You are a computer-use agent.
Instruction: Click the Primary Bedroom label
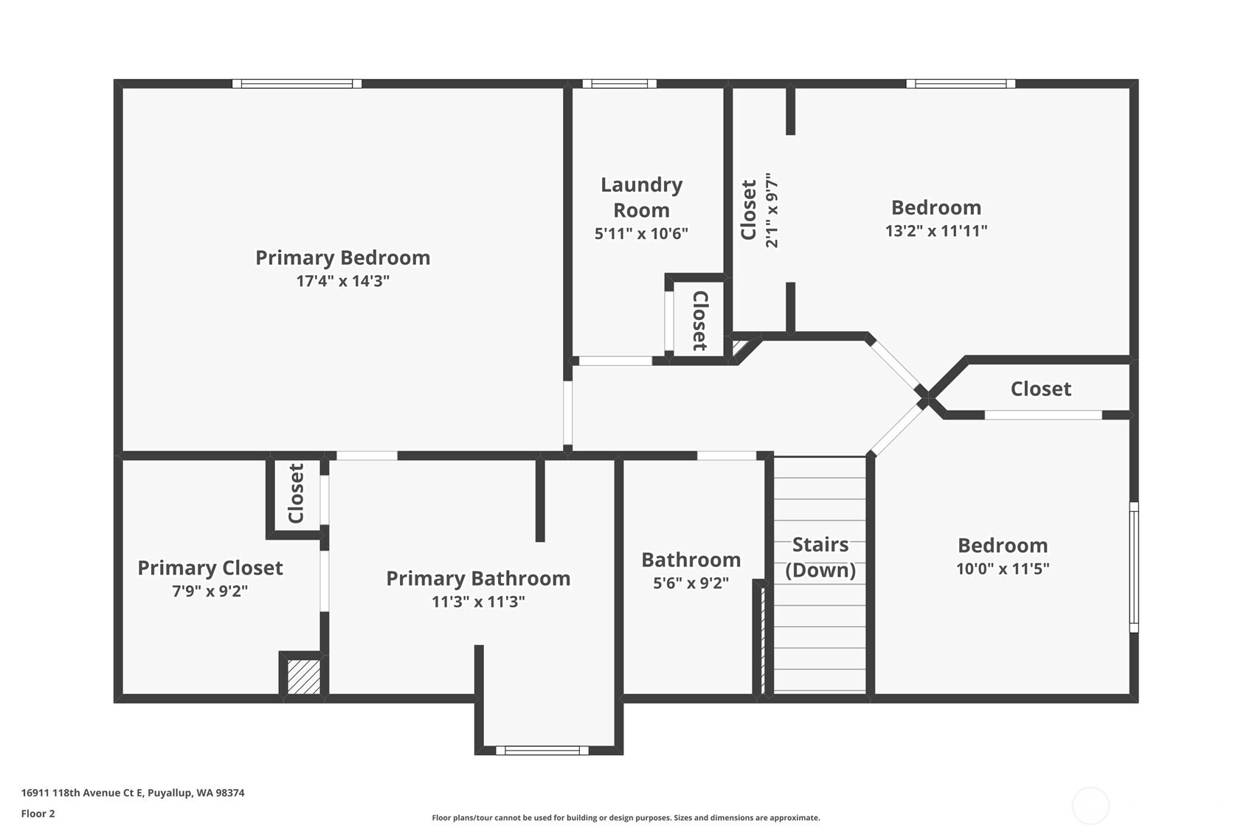342,257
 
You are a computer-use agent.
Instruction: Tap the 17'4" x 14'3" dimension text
342,280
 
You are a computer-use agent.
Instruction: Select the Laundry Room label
641,197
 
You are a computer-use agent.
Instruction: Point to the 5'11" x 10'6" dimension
641,233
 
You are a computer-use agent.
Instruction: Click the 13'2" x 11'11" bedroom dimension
936,231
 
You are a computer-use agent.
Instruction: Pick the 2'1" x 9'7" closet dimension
771,210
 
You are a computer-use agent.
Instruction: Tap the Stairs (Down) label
820,557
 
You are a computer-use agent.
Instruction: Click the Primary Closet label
210,568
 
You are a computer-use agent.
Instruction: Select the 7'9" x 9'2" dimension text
210,591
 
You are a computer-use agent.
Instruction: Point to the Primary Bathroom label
478,578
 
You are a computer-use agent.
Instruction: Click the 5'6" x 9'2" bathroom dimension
691,583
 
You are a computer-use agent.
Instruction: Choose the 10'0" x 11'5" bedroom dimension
1003,569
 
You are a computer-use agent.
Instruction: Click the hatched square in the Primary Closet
303,677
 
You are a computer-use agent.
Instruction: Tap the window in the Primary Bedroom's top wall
297,84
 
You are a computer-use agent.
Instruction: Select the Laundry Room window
619,84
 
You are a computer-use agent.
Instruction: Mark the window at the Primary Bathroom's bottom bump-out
542,751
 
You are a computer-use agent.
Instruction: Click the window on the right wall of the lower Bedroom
1134,568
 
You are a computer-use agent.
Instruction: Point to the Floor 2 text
38,814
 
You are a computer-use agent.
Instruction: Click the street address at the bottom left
133,793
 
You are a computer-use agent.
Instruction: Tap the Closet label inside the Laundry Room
700,321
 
